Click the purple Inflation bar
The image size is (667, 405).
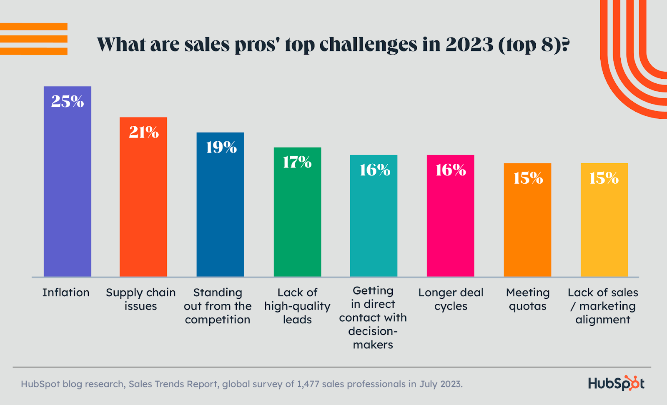68,187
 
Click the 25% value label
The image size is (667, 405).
68,101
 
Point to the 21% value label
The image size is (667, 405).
144,132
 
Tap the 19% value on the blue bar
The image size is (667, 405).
221,147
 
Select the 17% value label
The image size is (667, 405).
297,162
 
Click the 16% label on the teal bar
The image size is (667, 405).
375,170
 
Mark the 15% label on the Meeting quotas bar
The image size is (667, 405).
528,178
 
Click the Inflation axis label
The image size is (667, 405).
66,292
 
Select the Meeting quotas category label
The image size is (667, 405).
528,299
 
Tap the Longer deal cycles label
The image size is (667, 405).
451,299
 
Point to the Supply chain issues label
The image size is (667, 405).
140,299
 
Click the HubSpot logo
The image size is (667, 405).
616,383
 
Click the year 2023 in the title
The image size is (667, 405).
469,45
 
